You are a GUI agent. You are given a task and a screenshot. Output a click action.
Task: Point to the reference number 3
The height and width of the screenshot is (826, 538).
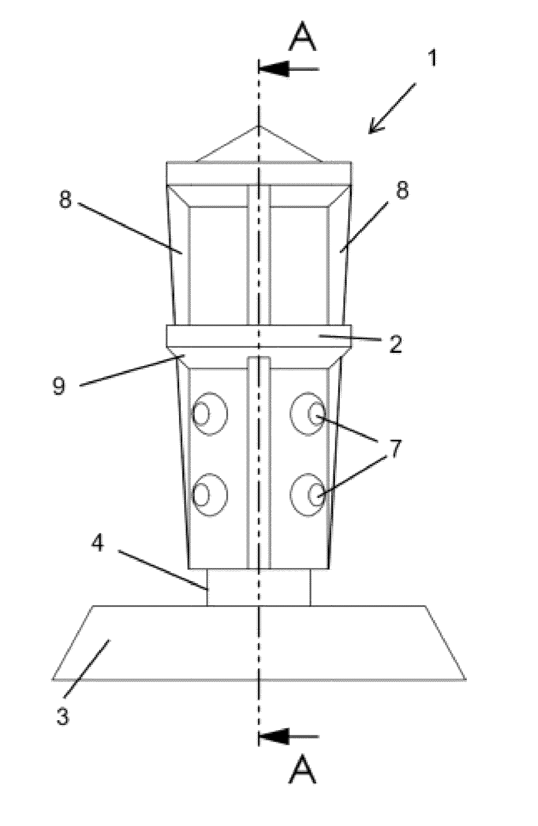(x=63, y=716)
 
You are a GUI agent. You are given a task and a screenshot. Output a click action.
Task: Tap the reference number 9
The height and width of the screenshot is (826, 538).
(x=59, y=386)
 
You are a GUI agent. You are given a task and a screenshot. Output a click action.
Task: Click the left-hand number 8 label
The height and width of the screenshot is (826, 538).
(x=65, y=200)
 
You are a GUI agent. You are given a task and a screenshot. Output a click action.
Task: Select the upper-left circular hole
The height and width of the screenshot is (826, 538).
(x=209, y=413)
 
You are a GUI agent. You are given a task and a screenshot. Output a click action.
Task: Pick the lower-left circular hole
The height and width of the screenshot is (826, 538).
(x=209, y=494)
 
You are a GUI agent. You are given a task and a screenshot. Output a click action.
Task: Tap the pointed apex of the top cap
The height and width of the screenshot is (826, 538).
(x=259, y=127)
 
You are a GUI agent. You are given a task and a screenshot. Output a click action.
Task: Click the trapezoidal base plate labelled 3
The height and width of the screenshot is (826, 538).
(x=259, y=642)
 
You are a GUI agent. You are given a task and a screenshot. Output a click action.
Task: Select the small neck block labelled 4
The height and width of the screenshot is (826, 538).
(x=259, y=587)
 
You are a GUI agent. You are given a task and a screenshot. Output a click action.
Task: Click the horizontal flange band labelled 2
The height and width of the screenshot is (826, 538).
(x=259, y=336)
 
